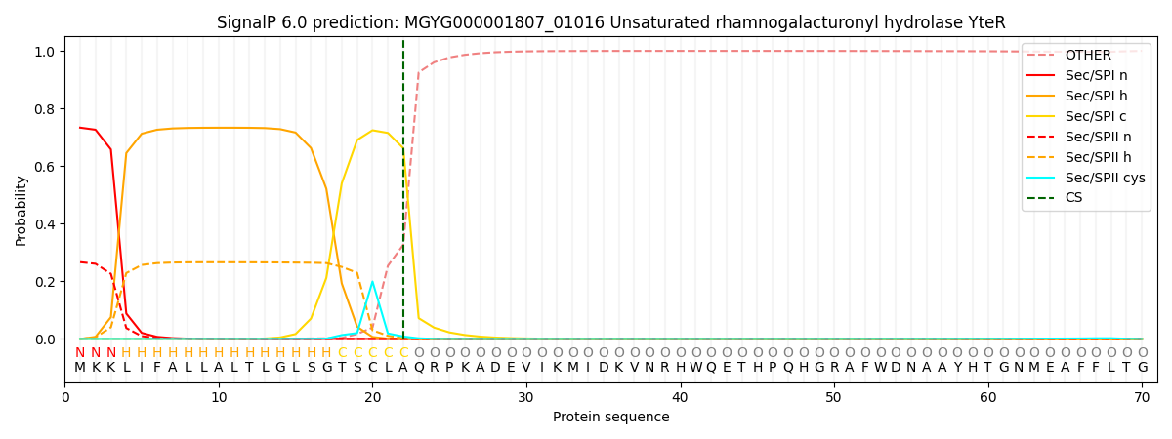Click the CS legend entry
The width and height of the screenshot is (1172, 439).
click(x=1073, y=198)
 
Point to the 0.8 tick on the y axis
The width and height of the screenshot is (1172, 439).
click(x=47, y=108)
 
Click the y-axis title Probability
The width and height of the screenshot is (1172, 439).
click(x=21, y=210)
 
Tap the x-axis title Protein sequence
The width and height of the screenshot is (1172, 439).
click(x=610, y=417)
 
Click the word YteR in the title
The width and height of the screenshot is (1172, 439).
click(x=987, y=22)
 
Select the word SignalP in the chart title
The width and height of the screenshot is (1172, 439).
click(x=247, y=22)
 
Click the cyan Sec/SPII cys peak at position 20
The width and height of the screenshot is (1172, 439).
click(x=372, y=282)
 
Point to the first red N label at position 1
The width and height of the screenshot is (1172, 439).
click(x=80, y=353)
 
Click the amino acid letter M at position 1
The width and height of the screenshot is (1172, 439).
click(x=80, y=368)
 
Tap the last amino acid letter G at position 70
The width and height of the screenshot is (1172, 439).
click(x=1142, y=368)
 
